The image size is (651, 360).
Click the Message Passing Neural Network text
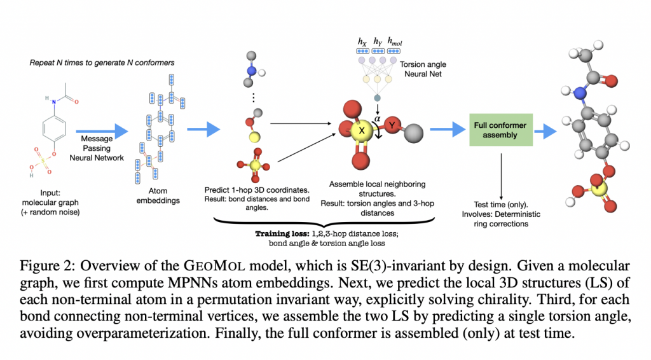tap(101, 148)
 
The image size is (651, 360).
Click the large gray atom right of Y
tap(415, 134)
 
